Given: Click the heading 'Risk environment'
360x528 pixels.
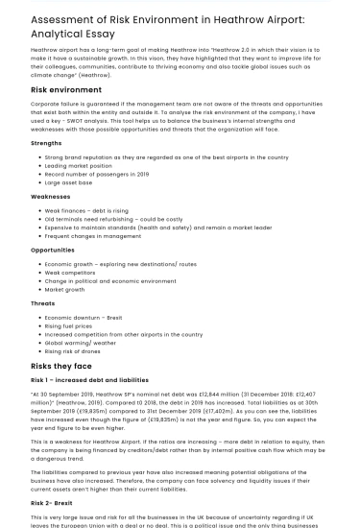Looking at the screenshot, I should pyautogui.click(x=66, y=89).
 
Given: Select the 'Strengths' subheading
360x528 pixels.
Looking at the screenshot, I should pyautogui.click(x=46, y=143).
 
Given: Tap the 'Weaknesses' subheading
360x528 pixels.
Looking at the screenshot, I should pyautogui.click(x=50, y=196).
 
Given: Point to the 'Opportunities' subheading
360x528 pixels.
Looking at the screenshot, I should pyautogui.click(x=52, y=250).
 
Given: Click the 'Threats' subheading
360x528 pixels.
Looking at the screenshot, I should pyautogui.click(x=42, y=302).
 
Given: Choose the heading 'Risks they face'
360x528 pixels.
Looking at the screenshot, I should pyautogui.click(x=61, y=366).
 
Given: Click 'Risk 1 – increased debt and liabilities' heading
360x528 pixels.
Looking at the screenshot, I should pyautogui.click(x=89, y=380).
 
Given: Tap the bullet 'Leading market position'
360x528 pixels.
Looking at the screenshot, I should pyautogui.click(x=79, y=165).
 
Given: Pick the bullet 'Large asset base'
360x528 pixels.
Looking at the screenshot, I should pyautogui.click(x=68, y=181).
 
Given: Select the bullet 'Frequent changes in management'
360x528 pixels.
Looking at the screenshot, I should pyautogui.click(x=91, y=235).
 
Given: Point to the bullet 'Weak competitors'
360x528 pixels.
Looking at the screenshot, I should pyautogui.click(x=71, y=273).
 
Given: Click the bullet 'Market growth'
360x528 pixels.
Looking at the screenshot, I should pyautogui.click(x=64, y=289).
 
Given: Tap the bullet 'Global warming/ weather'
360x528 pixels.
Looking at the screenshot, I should pyautogui.click(x=81, y=343).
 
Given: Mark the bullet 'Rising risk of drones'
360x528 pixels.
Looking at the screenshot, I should pyautogui.click(x=77, y=351).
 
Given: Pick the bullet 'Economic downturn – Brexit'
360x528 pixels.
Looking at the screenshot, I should pyautogui.click(x=84, y=317).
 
